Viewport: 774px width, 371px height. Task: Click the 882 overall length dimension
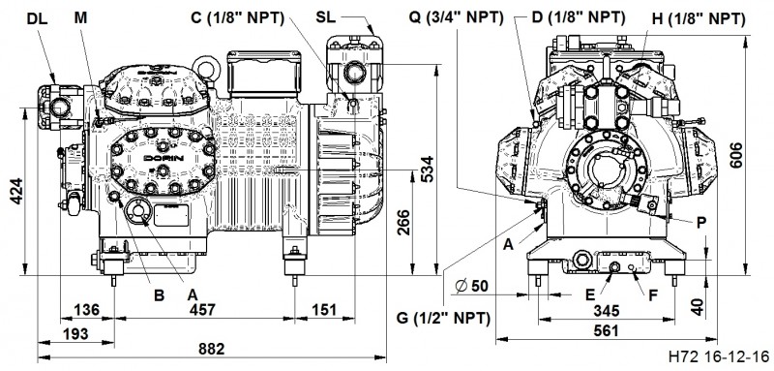(x=212, y=349)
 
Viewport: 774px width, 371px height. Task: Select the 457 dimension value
(x=203, y=310)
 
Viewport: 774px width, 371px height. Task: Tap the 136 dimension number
(x=86, y=310)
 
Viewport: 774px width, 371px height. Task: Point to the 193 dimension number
(x=75, y=333)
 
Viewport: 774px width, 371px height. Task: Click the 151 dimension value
(x=323, y=310)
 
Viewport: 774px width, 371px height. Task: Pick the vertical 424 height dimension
(x=15, y=191)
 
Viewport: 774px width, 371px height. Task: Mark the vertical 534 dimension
(x=427, y=169)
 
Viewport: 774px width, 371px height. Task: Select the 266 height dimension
(x=402, y=224)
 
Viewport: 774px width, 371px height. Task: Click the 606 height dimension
(x=735, y=155)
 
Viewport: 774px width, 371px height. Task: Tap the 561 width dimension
(x=606, y=330)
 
